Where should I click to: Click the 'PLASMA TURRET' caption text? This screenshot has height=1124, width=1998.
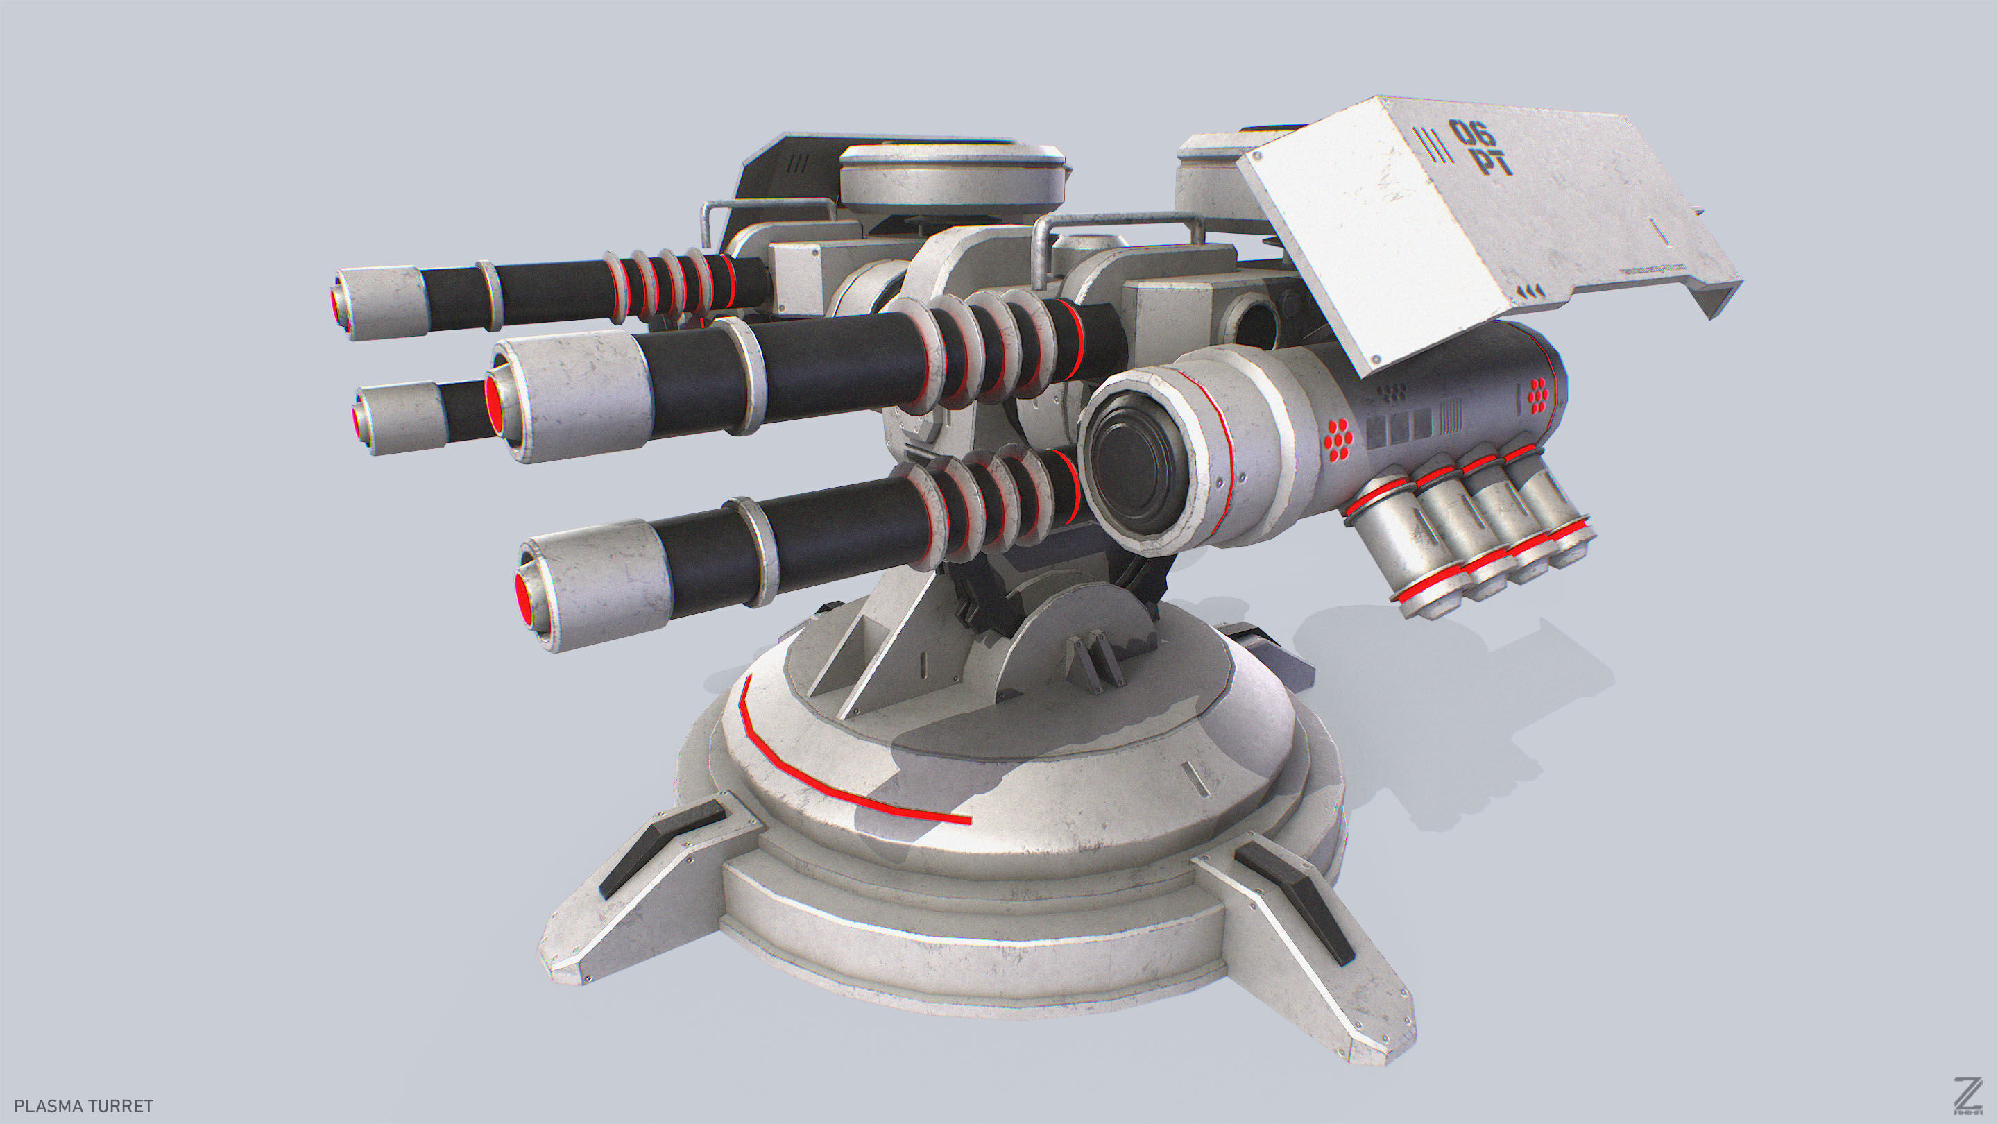pyautogui.click(x=84, y=1105)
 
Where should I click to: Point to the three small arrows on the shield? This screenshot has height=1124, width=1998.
pyautogui.click(x=1529, y=291)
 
